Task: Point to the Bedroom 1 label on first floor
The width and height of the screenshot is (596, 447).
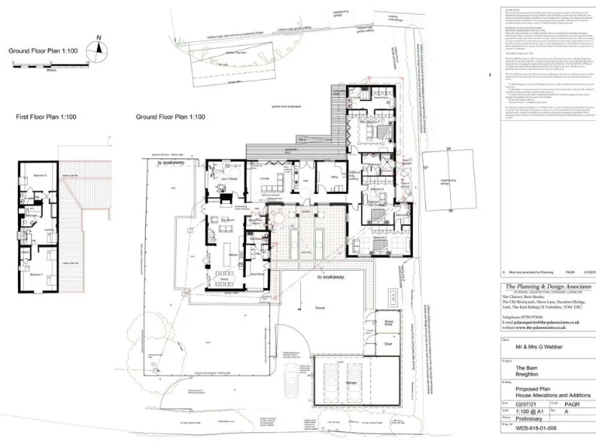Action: tap(35, 274)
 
